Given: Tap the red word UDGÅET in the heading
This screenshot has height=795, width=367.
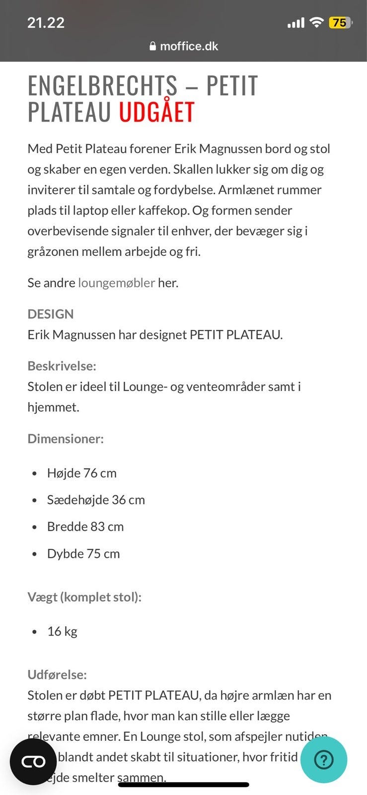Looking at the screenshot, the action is (x=156, y=112).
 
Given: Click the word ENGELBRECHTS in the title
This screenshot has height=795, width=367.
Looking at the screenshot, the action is (x=102, y=85).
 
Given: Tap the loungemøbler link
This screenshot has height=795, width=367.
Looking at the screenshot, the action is (x=116, y=283).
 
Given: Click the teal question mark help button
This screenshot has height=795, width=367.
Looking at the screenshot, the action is (x=324, y=760).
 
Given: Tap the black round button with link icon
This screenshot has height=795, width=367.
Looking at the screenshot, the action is (x=33, y=762).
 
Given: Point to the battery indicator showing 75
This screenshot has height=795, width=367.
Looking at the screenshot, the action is (x=340, y=23).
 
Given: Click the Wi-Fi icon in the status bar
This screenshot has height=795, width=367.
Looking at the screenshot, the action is (x=316, y=22).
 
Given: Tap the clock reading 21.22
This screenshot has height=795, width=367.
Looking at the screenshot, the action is (x=46, y=23).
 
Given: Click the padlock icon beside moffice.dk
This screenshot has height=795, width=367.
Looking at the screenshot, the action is (x=153, y=46).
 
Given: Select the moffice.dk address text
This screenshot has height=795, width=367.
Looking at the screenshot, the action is (x=189, y=46).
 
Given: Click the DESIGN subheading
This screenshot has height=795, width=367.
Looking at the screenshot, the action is (x=51, y=314).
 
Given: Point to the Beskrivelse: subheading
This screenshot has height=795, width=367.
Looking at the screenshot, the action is (x=62, y=366).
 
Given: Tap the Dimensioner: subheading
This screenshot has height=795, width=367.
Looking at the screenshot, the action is (x=66, y=439).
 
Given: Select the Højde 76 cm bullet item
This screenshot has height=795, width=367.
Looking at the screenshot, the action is (x=82, y=473).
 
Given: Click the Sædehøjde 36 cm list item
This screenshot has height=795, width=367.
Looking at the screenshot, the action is (x=96, y=500).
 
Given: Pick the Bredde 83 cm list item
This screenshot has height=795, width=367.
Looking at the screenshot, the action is (x=85, y=527).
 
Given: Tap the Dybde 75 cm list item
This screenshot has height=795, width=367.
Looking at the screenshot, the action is (x=83, y=554).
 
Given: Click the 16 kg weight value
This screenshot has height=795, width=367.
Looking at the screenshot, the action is (x=62, y=632).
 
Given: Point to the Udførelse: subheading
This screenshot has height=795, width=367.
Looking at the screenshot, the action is (x=57, y=675).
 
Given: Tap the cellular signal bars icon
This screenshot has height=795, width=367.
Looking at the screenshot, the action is (x=295, y=23).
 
